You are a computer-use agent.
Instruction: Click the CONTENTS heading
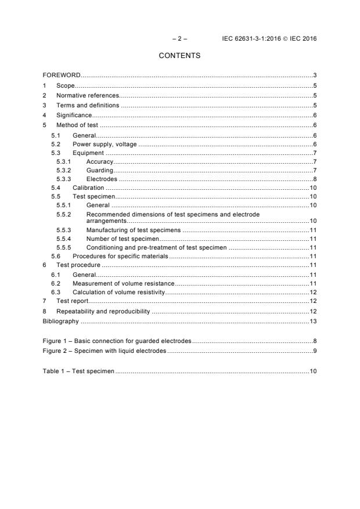(x=179, y=56)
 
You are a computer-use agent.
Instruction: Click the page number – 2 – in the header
(x=179, y=39)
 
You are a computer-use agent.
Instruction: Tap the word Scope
(x=66, y=85)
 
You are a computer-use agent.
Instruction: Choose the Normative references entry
(x=87, y=95)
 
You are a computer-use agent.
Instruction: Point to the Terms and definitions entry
(x=87, y=105)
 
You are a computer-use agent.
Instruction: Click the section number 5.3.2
(x=63, y=171)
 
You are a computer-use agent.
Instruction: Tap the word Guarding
(x=99, y=171)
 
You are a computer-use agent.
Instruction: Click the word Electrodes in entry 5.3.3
(x=102, y=179)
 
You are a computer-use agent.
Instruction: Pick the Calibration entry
(x=88, y=188)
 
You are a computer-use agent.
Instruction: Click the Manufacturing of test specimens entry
(x=133, y=230)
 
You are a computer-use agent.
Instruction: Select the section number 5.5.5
(x=63, y=247)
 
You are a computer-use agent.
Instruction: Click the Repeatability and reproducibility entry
(x=103, y=312)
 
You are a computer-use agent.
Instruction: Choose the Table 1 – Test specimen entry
(x=78, y=370)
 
